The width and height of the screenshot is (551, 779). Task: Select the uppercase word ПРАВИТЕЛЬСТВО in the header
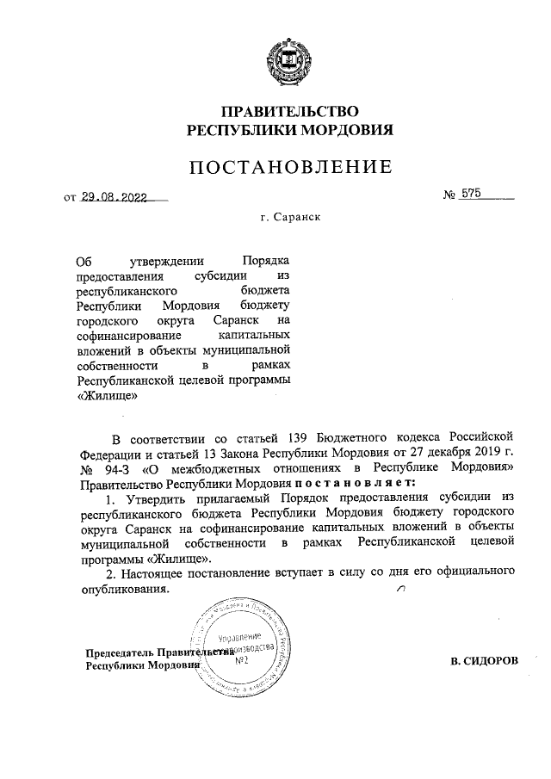(x=290, y=112)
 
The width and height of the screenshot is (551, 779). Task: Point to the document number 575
(x=471, y=195)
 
